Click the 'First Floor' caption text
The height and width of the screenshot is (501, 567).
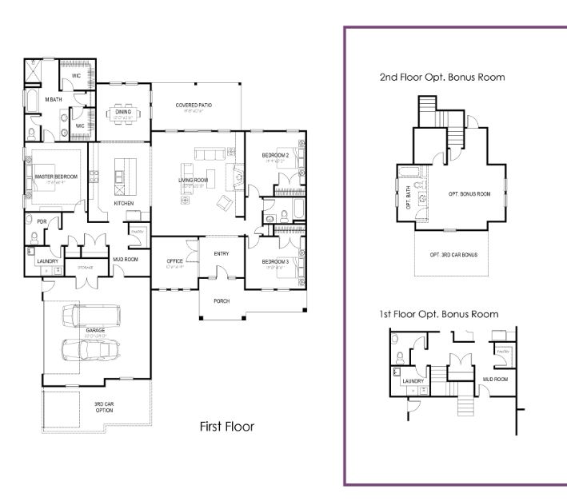pyautogui.click(x=226, y=427)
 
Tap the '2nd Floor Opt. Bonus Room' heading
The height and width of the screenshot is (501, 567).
pyautogui.click(x=442, y=78)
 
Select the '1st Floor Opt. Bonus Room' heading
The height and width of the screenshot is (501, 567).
pyautogui.click(x=439, y=314)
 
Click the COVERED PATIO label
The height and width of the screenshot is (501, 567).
pyautogui.click(x=194, y=105)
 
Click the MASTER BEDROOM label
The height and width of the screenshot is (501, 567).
pyautogui.click(x=56, y=177)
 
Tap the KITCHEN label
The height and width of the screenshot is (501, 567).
pyautogui.click(x=123, y=203)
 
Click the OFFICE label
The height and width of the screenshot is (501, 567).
pyautogui.click(x=175, y=262)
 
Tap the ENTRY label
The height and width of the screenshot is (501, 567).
pyautogui.click(x=222, y=253)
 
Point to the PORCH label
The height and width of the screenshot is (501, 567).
pyautogui.click(x=222, y=301)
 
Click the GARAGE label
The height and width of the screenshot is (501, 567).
pyautogui.click(x=95, y=329)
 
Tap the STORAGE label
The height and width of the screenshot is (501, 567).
pyautogui.click(x=86, y=267)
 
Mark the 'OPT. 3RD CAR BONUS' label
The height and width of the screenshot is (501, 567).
pyautogui.click(x=453, y=255)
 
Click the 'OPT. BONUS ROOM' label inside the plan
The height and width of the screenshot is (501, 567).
pyautogui.click(x=469, y=194)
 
